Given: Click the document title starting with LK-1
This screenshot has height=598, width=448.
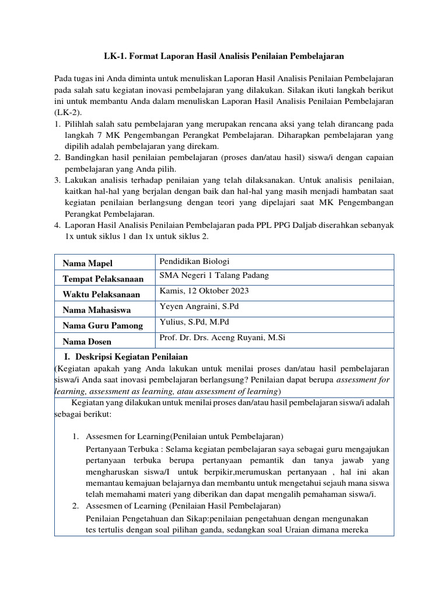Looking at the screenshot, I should pyautogui.click(x=223, y=56).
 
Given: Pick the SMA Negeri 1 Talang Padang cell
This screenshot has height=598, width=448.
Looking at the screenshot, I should pyautogui.click(x=214, y=276).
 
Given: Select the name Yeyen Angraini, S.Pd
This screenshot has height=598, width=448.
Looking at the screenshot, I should pyautogui.click(x=198, y=307).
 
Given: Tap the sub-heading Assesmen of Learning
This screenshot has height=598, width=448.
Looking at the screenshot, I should pyautogui.click(x=183, y=505).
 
